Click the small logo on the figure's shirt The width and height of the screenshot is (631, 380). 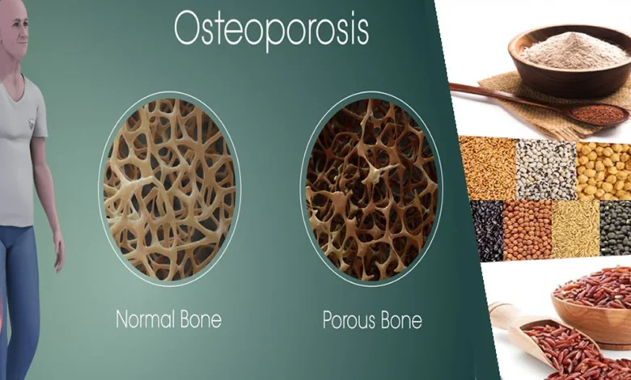[31, 123]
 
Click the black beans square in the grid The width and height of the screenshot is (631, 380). [486, 230]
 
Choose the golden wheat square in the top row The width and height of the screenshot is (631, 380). [486, 168]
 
